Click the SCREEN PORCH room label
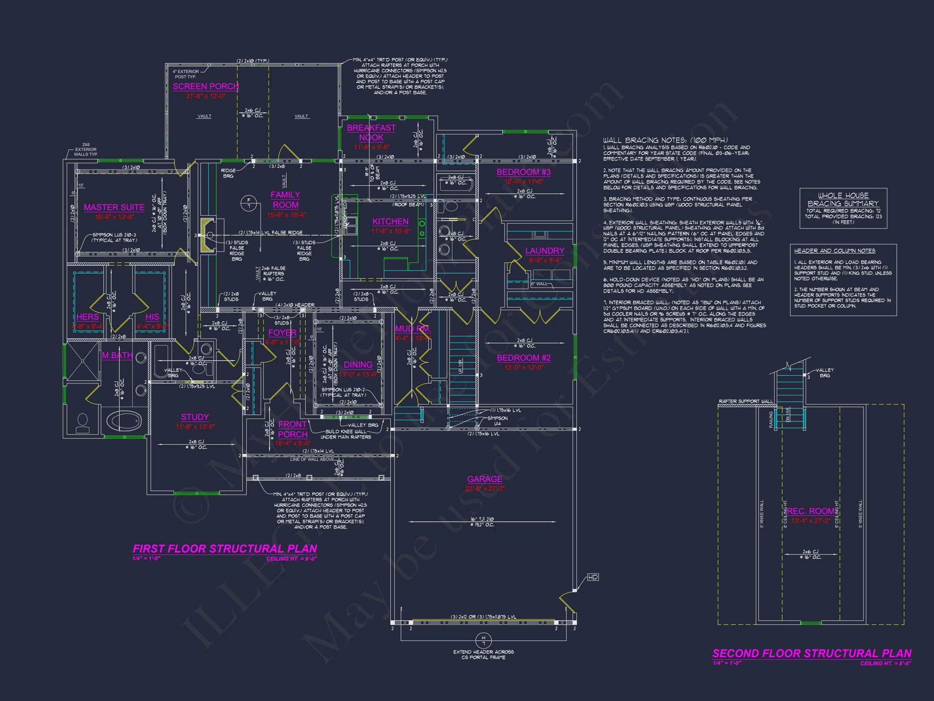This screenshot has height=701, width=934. [206, 86]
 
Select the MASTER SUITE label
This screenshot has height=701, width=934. [114, 207]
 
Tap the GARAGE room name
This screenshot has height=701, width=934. [484, 479]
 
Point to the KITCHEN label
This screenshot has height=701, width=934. [390, 221]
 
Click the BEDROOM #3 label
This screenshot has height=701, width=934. [524, 172]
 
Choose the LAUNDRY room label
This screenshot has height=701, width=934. [544, 251]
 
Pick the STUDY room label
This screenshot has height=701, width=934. [195, 417]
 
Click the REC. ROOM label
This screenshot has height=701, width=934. [810, 511]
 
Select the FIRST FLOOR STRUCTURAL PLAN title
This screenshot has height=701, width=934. [225, 548]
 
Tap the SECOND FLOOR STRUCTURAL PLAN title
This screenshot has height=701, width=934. [812, 653]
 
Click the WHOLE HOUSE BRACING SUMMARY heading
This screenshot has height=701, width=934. [843, 200]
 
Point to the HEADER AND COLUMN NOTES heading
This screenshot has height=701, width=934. [834, 251]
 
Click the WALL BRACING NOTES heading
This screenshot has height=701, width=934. [665, 140]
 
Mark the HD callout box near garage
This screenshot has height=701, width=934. [593, 577]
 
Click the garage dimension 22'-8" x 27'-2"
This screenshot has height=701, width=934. [484, 489]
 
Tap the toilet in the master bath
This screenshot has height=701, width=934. [82, 423]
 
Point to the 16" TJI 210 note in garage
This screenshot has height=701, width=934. [482, 519]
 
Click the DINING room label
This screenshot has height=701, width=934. [358, 365]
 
